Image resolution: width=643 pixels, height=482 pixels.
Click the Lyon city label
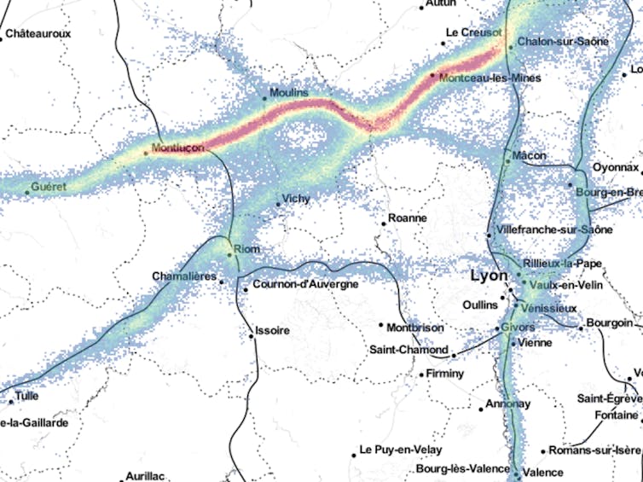pyautogui.click(x=488, y=276)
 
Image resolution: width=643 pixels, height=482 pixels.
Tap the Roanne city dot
pyautogui.click(x=384, y=224)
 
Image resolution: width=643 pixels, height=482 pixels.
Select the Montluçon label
pyautogui.click(x=177, y=148)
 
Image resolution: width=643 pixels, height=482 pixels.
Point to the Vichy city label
pyautogui.click(x=296, y=200)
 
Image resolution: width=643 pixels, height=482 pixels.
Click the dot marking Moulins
pyautogui.click(x=264, y=99)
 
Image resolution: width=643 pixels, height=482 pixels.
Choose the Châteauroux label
pyautogui.click(x=38, y=34)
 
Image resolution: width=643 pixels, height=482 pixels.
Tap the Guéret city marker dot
pyautogui.click(x=26, y=192)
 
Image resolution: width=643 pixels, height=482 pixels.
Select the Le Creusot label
pyautogui.click(x=473, y=32)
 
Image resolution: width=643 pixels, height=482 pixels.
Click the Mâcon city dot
pyautogui.click(x=507, y=161)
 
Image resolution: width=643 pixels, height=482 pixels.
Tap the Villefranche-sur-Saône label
pyautogui.click(x=542, y=230)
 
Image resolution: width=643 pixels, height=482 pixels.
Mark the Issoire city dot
pyautogui.click(x=251, y=336)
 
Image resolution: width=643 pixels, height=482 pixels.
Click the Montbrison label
pyautogui.click(x=415, y=327)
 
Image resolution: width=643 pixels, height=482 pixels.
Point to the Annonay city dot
pyautogui.click(x=480, y=409)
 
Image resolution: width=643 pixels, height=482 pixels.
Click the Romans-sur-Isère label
pyautogui.click(x=594, y=450)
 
